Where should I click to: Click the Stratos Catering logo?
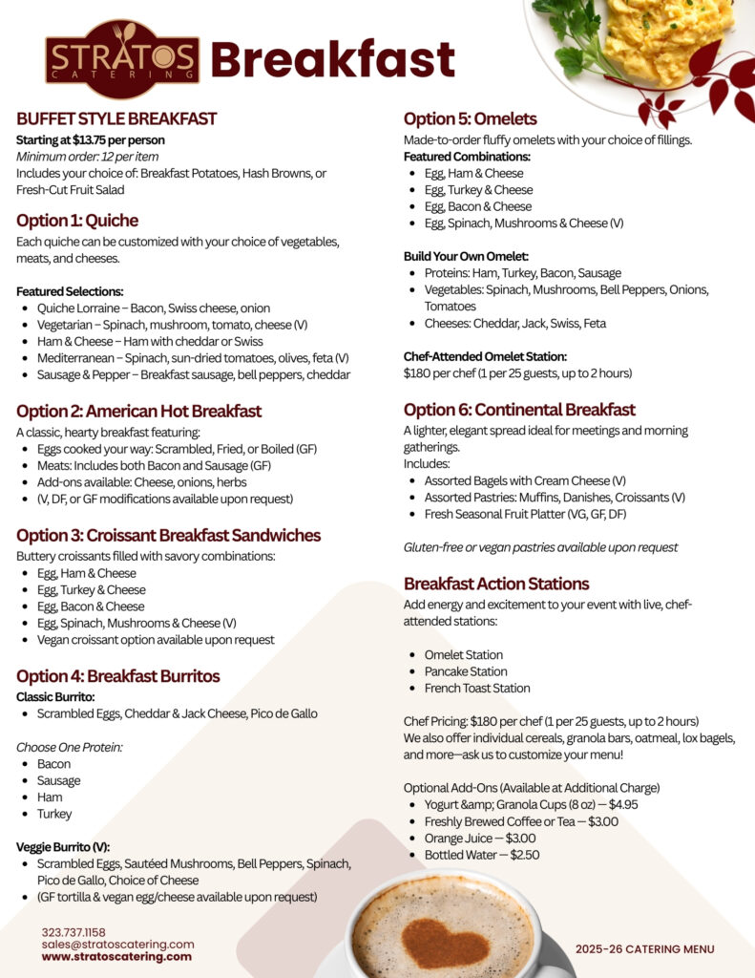point(122,59)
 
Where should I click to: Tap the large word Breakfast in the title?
point(332,60)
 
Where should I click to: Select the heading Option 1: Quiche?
point(77,221)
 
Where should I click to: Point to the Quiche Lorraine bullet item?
point(153,308)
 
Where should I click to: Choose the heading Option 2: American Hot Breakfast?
point(138,412)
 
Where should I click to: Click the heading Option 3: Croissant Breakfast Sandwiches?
point(168,535)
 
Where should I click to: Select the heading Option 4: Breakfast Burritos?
point(117,676)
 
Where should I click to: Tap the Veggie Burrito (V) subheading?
point(63,847)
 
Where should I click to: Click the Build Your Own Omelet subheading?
point(466,256)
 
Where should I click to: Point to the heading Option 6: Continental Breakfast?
point(519,410)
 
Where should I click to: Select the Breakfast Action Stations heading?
point(496,584)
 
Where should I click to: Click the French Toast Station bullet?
point(477,689)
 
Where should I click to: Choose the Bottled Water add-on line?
point(482,855)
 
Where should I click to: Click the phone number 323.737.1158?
point(73,932)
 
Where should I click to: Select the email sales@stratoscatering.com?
point(117,945)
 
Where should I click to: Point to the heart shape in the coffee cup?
point(445,942)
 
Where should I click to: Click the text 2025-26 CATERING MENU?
point(644,948)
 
